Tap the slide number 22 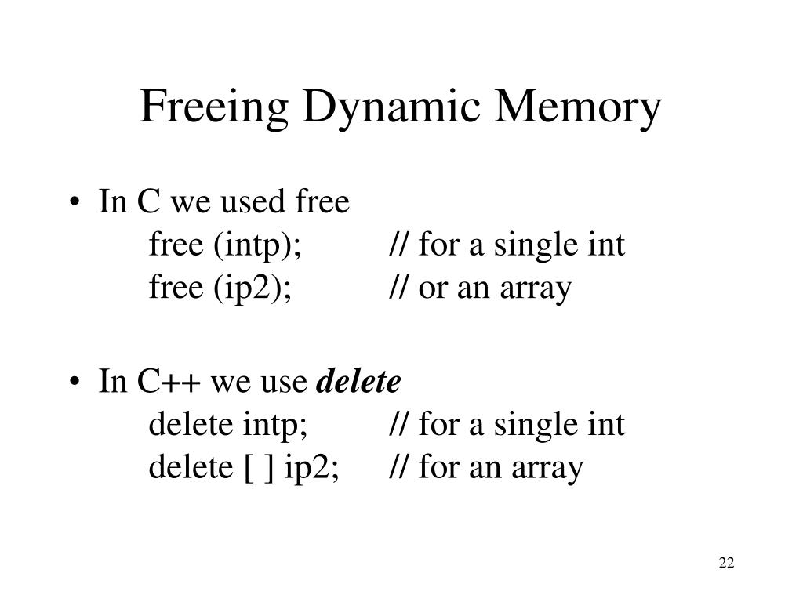tap(725, 563)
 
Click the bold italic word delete tap(358, 383)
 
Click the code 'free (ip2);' tap(220, 288)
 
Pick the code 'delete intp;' tap(227, 426)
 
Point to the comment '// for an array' tap(486, 468)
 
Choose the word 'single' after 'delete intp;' tap(533, 426)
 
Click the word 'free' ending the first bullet tap(322, 204)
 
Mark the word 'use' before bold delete tap(285, 383)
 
